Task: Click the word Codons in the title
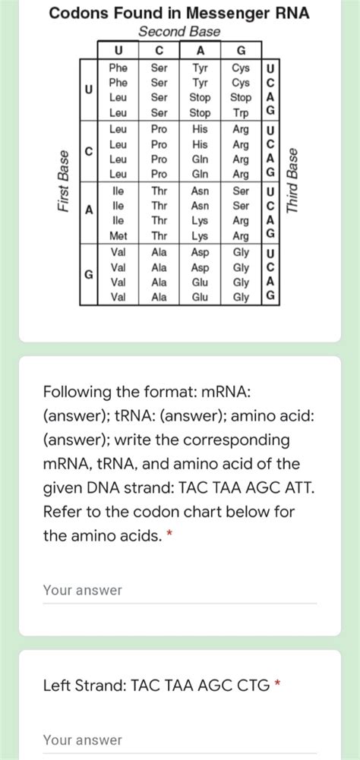pyautogui.click(x=77, y=13)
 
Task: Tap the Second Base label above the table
pyautogui.click(x=180, y=31)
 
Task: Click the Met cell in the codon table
pyautogui.click(x=118, y=236)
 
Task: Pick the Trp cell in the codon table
pyautogui.click(x=241, y=112)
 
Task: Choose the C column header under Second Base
pyautogui.click(x=159, y=51)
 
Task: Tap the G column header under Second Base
pyautogui.click(x=242, y=51)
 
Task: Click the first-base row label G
pyautogui.click(x=89, y=274)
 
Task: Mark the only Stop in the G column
pyautogui.click(x=241, y=98)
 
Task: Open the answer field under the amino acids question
pyautogui.click(x=179, y=590)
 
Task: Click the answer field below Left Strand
pyautogui.click(x=179, y=740)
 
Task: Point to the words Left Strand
pyautogui.click(x=84, y=686)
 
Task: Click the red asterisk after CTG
pyautogui.click(x=278, y=686)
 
